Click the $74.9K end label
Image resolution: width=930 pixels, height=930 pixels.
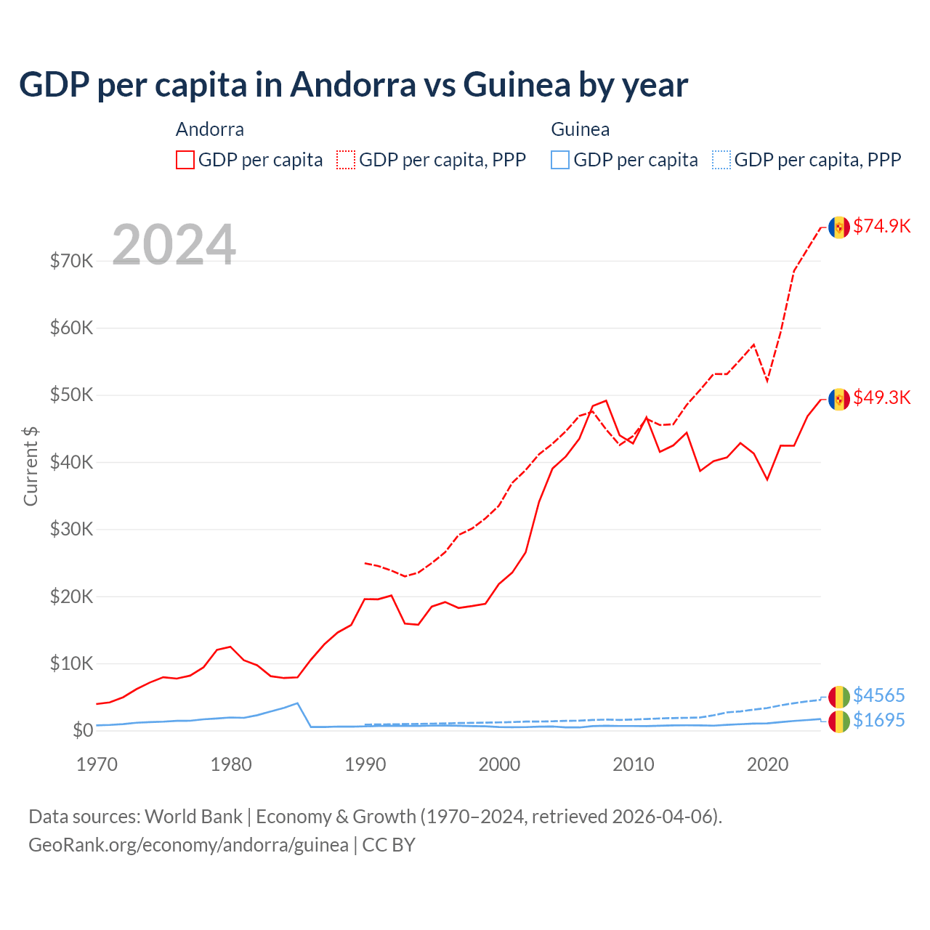point(881,226)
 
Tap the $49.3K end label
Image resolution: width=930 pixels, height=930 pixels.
point(881,397)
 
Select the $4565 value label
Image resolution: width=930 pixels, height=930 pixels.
point(878,695)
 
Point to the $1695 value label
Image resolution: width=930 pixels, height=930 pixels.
point(878,720)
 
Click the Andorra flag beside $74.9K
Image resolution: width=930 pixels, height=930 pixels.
point(839,227)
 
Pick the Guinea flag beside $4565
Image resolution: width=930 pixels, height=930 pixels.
point(839,697)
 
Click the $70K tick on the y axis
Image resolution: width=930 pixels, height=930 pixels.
point(71,261)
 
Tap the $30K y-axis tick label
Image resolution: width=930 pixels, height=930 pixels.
point(71,529)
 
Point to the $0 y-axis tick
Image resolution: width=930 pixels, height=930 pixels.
point(83,730)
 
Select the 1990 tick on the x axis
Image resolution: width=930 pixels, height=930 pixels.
point(365,764)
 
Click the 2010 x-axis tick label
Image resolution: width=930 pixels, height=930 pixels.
point(634,764)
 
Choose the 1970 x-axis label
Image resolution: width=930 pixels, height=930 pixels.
point(97,764)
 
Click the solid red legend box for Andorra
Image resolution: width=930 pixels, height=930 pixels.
point(185,160)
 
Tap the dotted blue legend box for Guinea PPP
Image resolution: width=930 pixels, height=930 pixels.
point(721,160)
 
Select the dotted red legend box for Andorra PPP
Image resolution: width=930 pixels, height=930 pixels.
point(346,160)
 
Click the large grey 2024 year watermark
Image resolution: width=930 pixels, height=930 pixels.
point(174,245)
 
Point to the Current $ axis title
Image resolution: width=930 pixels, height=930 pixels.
point(31,466)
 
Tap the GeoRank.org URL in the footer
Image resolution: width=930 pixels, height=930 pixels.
point(188,845)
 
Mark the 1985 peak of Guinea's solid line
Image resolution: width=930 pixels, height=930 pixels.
point(297,703)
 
